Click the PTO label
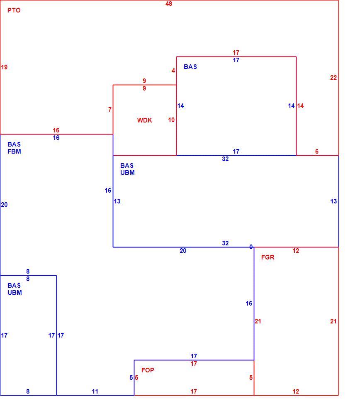click(x=14, y=10)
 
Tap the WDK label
click(x=144, y=120)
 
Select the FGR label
click(x=268, y=257)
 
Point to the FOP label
click(x=148, y=370)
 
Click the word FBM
click(x=14, y=152)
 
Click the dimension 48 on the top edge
click(x=169, y=4)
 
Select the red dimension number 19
click(x=4, y=67)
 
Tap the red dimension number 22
click(x=333, y=78)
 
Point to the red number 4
click(x=173, y=71)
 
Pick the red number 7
click(x=110, y=110)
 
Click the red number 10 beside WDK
click(x=171, y=120)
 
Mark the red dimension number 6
click(x=317, y=152)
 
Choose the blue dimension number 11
click(x=95, y=391)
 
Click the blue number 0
click(x=251, y=247)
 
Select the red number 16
click(x=56, y=130)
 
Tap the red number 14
click(x=300, y=106)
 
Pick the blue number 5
click(x=131, y=378)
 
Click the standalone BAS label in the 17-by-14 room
click(x=190, y=67)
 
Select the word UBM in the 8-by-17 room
click(x=15, y=293)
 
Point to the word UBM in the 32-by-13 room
click(x=127, y=173)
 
